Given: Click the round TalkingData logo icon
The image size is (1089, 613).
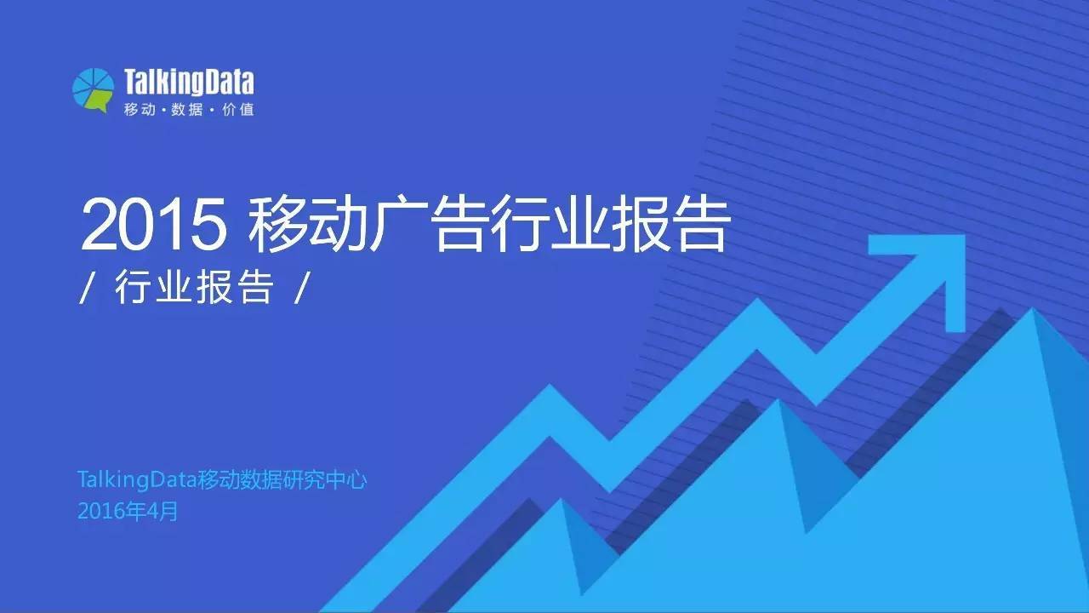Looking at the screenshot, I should [x=93, y=89].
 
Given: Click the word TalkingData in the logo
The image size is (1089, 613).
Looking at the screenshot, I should [x=189, y=83].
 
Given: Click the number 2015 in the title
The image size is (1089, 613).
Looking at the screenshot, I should [x=154, y=225].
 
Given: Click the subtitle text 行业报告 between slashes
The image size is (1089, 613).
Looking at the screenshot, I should [x=193, y=289].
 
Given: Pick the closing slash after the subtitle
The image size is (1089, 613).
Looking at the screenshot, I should [x=299, y=290].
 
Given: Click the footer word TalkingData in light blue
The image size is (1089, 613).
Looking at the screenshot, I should [x=136, y=480].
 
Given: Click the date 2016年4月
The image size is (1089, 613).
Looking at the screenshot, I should [x=128, y=512].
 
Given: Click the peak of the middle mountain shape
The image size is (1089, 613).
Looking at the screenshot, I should [x=778, y=403].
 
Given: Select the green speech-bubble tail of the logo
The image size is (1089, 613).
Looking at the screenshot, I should [x=101, y=106].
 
